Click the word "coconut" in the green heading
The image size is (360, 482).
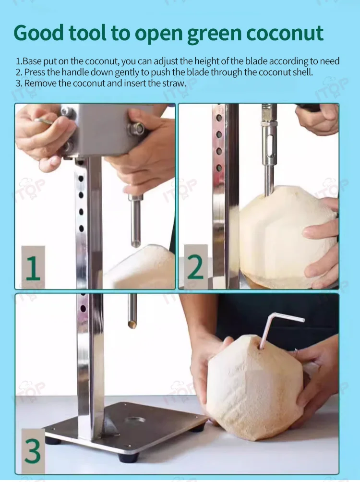pos(285,33)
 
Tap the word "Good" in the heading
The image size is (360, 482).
pos(38,33)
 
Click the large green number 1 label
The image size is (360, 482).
pos(33,268)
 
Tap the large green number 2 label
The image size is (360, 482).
pos(195,266)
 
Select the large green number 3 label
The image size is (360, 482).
pos(33,451)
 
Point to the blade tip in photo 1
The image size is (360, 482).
pos(135,244)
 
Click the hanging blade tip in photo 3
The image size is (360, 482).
pos(132,325)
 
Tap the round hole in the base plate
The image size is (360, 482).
pos(135,419)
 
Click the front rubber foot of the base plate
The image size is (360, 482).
pos(129,457)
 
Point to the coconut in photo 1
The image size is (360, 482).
pos(140,267)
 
